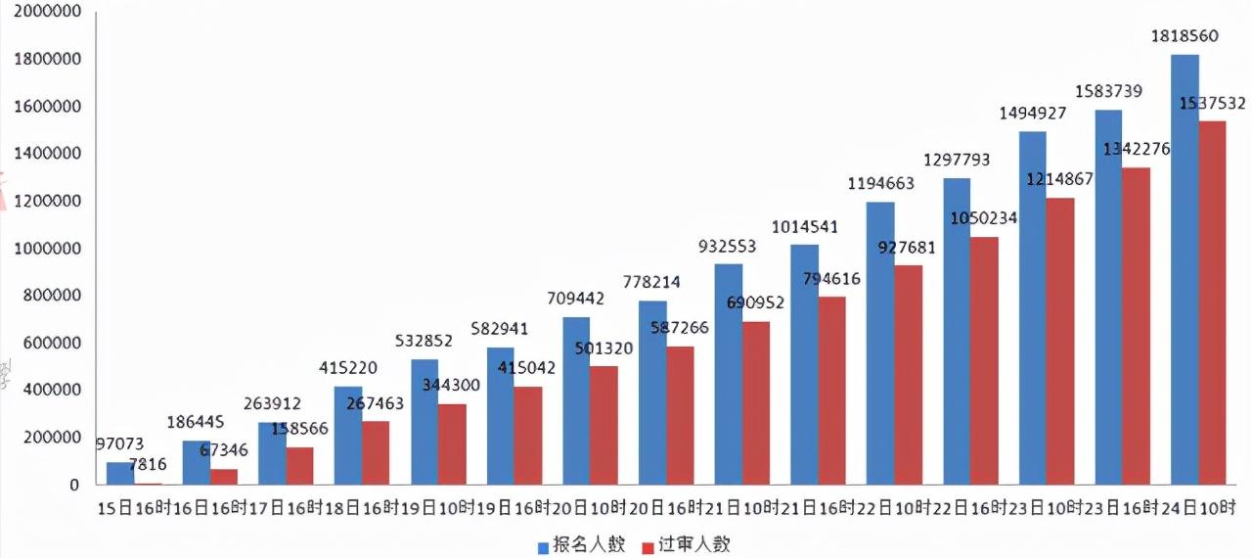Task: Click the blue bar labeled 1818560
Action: tap(1185, 269)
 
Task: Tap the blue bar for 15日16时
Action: tap(119, 473)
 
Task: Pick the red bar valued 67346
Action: tap(224, 477)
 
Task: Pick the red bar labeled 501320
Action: tap(604, 425)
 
